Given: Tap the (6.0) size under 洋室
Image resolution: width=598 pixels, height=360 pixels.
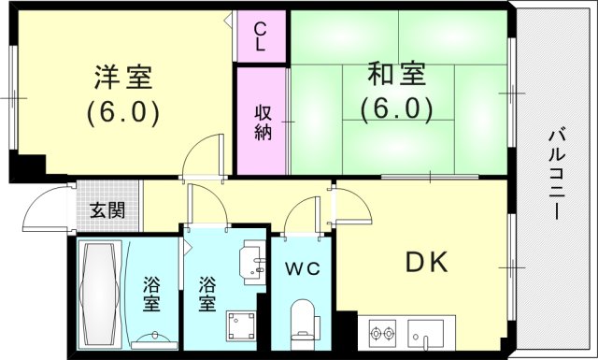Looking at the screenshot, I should [x=124, y=112].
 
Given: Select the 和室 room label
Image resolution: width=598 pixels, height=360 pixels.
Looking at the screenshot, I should [x=397, y=73].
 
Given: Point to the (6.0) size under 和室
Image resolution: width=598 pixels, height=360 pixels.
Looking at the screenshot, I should [x=397, y=109].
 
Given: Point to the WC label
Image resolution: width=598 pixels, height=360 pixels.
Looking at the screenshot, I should [x=304, y=268].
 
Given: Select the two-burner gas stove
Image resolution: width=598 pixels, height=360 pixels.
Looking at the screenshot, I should [x=382, y=332].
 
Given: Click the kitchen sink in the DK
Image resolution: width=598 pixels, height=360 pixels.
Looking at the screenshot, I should [x=431, y=332].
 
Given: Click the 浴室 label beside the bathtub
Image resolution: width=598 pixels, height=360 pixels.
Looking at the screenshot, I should [x=152, y=293].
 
